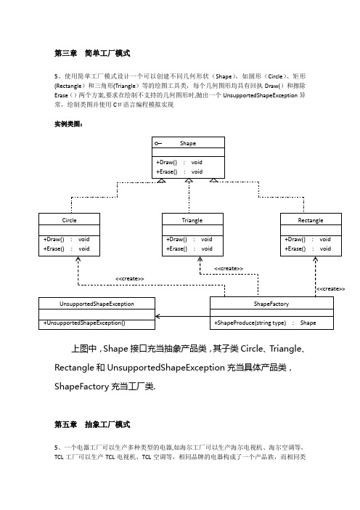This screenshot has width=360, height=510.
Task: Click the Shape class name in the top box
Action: point(188,143)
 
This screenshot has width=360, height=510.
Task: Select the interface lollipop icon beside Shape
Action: point(158,143)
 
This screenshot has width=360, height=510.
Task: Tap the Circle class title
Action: point(69,220)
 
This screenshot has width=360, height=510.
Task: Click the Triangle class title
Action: point(192,220)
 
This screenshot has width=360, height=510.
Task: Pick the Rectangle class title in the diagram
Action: point(311,220)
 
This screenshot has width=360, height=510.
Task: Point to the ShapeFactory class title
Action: point(271,304)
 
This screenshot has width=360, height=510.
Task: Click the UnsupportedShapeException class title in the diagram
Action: point(97,304)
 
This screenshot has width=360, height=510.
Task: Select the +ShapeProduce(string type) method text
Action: point(250,323)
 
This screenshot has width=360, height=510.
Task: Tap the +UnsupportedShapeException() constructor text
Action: point(84,323)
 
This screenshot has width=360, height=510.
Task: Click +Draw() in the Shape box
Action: point(167,162)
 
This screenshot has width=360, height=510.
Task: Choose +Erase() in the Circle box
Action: point(54,248)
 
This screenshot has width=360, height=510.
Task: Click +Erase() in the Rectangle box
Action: point(295,248)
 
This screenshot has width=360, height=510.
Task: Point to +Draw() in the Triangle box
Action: point(177,240)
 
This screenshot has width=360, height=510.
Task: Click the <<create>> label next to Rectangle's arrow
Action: point(330,289)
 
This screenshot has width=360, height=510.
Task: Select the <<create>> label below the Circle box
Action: point(130,279)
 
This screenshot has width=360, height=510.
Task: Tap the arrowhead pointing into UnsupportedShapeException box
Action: point(157,316)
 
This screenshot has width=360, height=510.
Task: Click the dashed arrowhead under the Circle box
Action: point(78,259)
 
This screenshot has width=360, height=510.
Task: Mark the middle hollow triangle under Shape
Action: point(189,180)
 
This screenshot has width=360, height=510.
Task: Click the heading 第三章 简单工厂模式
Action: point(92,53)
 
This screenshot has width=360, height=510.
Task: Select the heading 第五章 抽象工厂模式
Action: point(92,424)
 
